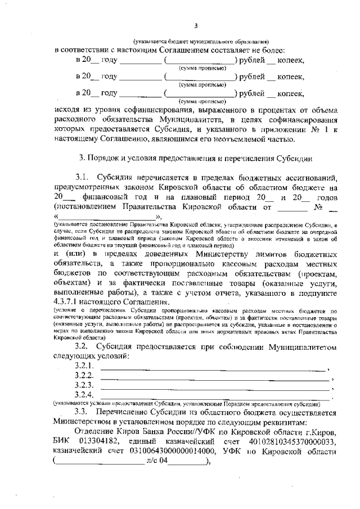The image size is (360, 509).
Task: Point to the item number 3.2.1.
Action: click(x=84, y=367)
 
